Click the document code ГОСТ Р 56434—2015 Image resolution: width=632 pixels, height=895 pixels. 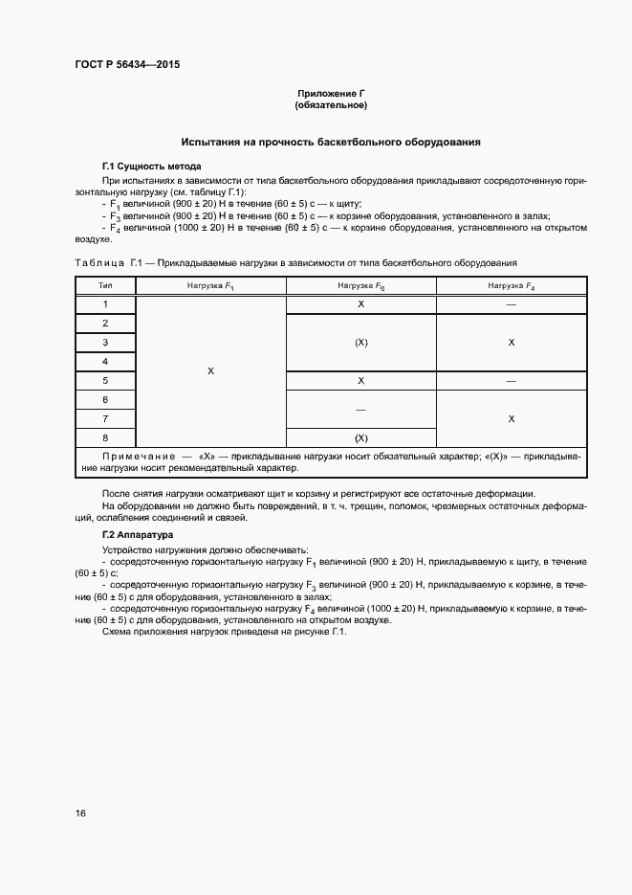tap(127, 65)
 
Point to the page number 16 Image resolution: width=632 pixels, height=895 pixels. tap(80, 814)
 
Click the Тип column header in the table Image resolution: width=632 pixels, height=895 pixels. tap(104, 285)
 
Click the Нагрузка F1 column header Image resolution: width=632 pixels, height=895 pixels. tap(210, 285)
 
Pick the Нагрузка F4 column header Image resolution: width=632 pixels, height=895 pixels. tap(511, 285)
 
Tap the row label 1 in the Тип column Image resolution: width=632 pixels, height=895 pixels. tap(104, 303)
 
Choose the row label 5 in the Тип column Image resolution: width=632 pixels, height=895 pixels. tap(104, 380)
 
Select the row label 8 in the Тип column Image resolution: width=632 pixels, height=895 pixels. tap(104, 437)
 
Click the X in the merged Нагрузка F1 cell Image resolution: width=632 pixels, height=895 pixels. tap(210, 370)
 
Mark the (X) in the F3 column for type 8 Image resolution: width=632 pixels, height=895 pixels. tap(360, 437)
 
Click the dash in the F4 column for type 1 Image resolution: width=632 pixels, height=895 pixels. tap(511, 303)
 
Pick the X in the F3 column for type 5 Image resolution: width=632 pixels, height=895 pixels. tap(360, 380)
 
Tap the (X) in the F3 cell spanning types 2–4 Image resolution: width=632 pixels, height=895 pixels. tap(360, 342)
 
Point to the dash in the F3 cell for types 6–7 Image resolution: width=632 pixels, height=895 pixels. tap(360, 409)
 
